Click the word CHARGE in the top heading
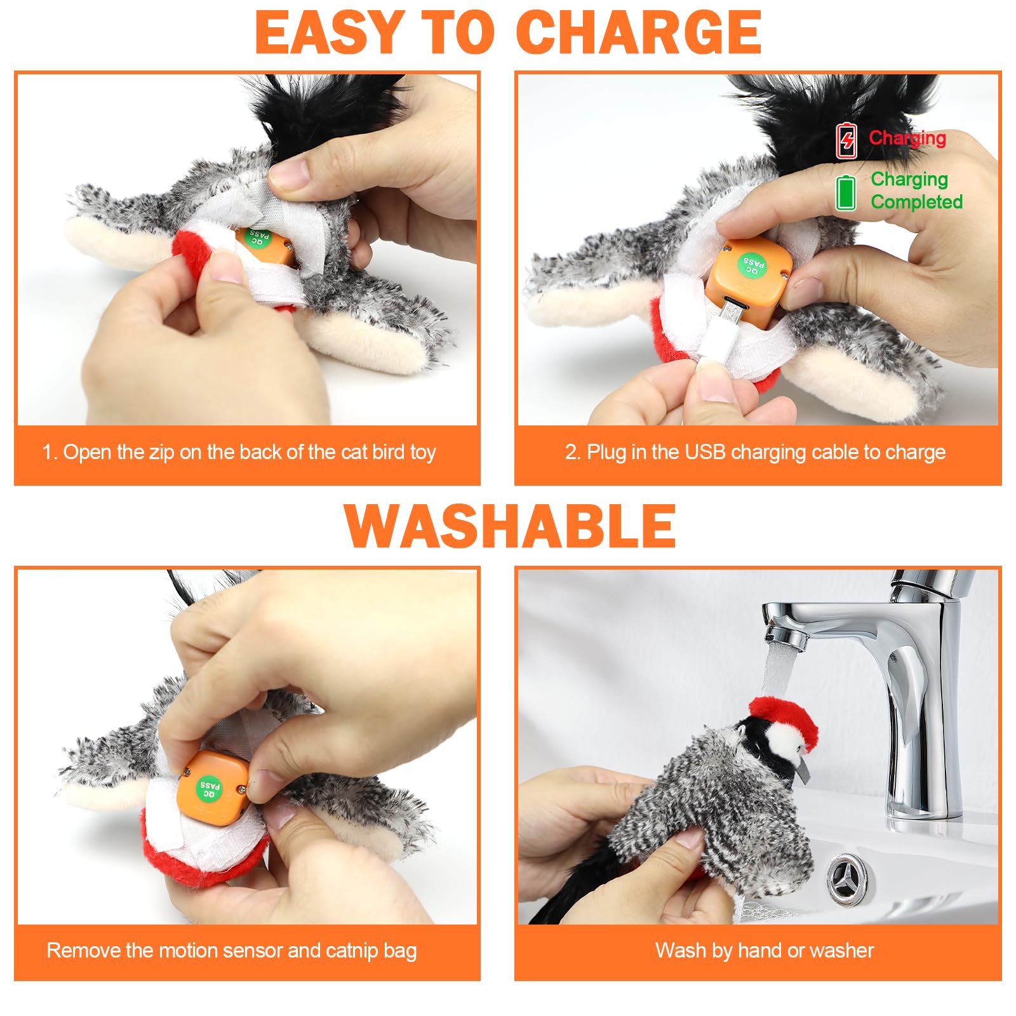(638, 33)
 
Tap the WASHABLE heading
(510, 526)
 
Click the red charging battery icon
(846, 141)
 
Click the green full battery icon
(845, 192)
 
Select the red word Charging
(907, 138)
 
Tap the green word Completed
(916, 202)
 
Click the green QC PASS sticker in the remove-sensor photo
(209, 787)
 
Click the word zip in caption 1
(161, 452)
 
